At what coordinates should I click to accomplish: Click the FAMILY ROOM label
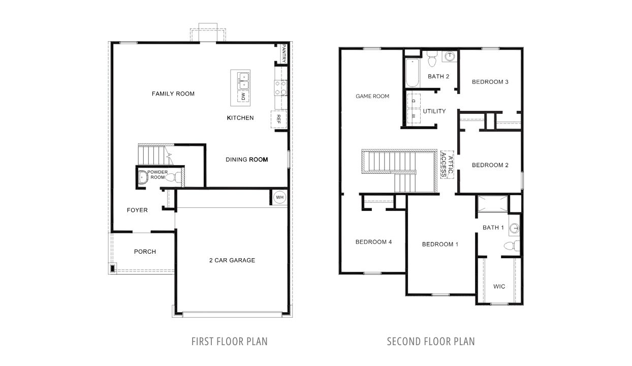(173, 94)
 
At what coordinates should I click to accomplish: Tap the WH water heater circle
(279, 197)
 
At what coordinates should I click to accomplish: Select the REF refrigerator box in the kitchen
(279, 119)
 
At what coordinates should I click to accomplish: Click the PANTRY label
(284, 53)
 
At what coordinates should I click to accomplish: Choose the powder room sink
(143, 177)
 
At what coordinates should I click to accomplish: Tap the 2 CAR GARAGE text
(232, 260)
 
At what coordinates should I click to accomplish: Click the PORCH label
(145, 252)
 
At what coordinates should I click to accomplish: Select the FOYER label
(137, 210)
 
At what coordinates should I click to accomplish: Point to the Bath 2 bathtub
(412, 73)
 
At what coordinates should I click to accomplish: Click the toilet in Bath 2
(432, 59)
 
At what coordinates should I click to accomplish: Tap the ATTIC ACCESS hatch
(447, 165)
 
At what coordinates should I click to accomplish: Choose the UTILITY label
(434, 111)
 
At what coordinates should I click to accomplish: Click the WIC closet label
(499, 286)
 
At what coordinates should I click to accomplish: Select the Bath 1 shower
(492, 204)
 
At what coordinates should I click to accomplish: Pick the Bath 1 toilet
(512, 246)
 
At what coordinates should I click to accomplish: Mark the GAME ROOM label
(372, 96)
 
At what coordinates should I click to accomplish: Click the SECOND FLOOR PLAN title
(431, 342)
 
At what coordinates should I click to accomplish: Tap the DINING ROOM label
(246, 160)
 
